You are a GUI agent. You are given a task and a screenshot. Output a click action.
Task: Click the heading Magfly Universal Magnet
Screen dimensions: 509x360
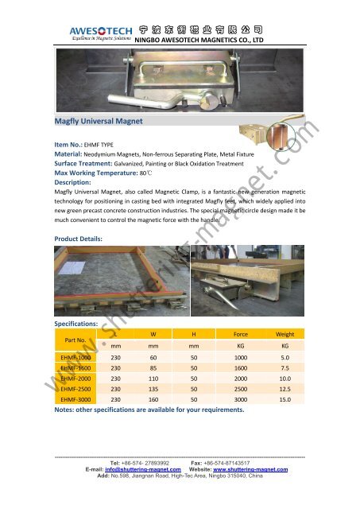click(95, 122)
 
